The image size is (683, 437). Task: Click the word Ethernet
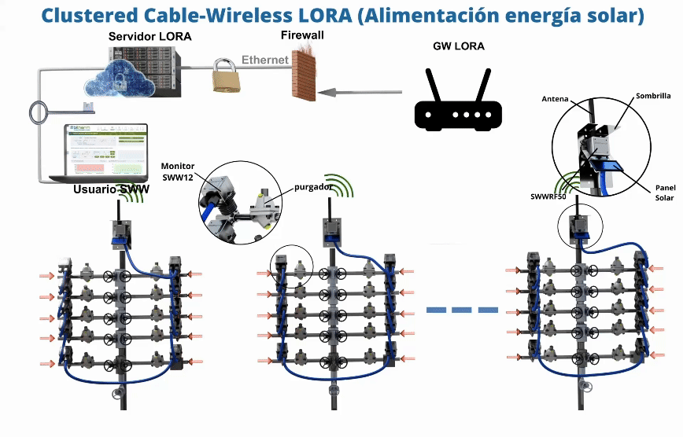(x=265, y=60)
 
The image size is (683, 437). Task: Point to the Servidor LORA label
(x=150, y=37)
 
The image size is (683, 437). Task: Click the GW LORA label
(x=459, y=46)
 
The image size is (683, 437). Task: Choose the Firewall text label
(x=302, y=35)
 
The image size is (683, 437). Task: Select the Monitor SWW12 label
(x=177, y=172)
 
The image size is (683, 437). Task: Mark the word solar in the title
(x=612, y=15)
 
